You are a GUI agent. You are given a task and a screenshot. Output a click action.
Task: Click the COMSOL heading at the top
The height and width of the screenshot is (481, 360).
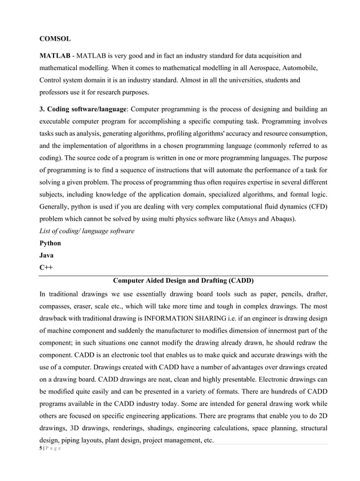point(55,39)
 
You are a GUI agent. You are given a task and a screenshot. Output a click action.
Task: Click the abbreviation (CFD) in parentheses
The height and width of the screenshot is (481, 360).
point(317,206)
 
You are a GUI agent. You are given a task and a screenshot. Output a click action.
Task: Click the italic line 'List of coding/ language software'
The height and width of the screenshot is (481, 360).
point(87,231)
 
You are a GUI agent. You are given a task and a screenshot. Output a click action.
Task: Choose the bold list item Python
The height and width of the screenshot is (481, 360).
point(50,243)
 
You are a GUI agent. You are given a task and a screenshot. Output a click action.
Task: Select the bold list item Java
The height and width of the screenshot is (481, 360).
point(47,255)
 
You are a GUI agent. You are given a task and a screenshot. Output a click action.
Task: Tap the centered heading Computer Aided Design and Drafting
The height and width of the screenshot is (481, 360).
point(183,280)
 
